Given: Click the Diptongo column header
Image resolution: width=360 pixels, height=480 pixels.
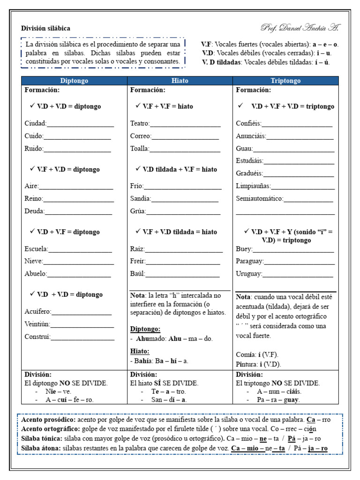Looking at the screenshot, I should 74,81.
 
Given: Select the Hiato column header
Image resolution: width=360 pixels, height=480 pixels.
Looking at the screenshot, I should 180,81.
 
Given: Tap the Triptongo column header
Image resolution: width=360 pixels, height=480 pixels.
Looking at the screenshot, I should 285,81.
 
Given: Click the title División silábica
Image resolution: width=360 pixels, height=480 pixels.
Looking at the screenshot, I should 45,29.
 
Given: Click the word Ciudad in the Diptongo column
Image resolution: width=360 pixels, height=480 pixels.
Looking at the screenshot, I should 35,124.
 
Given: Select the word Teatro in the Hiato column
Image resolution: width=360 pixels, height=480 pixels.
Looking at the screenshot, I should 140,124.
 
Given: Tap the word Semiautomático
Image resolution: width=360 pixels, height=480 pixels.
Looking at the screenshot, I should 259,199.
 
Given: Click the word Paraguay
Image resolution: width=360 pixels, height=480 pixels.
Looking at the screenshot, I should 249,262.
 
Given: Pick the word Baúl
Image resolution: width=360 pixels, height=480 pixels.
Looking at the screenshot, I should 137,274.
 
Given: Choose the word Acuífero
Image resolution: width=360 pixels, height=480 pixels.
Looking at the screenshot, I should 38,312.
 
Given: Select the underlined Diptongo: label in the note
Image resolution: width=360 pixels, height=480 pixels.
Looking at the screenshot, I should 145,329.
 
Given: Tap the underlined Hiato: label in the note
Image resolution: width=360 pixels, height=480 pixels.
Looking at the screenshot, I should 140,351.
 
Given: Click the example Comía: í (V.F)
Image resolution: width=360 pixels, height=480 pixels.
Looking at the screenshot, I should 258,355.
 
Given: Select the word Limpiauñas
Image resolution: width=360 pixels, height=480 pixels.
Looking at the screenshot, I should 253,186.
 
